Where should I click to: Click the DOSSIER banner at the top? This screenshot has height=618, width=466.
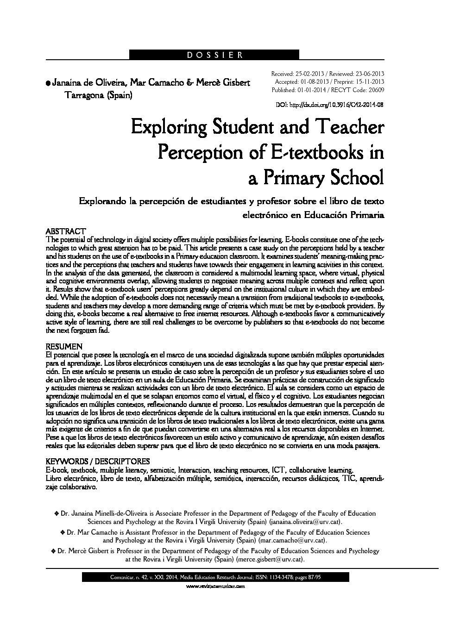(214, 55)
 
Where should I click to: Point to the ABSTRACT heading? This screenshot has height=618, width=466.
(66, 231)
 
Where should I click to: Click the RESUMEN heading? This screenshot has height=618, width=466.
(64, 346)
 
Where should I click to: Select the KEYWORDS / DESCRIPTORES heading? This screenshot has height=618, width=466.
(98, 461)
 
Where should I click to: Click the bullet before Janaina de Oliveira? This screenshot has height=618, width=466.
(48, 83)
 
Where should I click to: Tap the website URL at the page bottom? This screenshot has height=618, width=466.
(214, 586)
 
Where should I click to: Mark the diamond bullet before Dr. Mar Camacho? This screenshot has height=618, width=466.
(63, 533)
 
